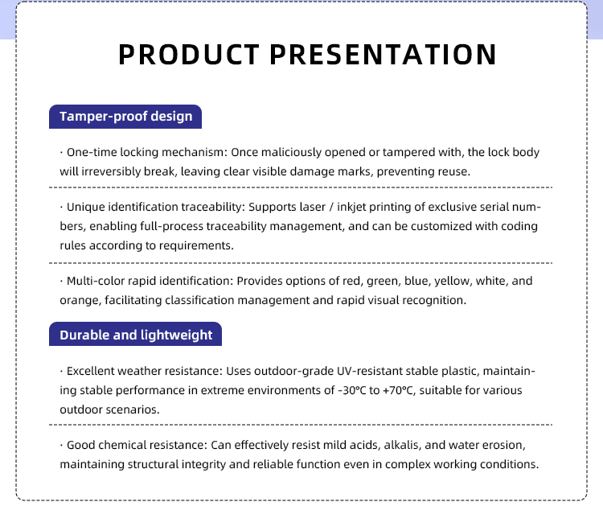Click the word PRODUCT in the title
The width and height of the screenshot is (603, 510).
188,54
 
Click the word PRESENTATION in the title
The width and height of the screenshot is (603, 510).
383,54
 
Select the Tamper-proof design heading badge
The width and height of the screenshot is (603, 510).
125,117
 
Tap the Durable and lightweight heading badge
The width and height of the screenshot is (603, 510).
135,334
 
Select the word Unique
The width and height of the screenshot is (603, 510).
85,207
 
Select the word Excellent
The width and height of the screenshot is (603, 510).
90,371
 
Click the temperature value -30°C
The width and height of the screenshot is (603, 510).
352,390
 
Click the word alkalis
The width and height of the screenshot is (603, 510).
403,445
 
